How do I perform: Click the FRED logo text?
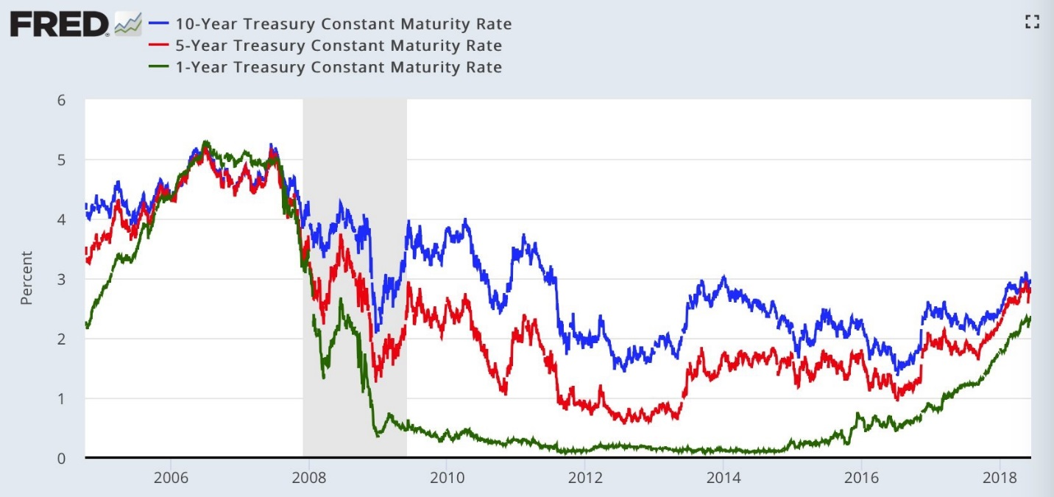[x=59, y=25]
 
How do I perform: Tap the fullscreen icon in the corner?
[x=1031, y=22]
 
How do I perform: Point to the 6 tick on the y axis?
[x=61, y=100]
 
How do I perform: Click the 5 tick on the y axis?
[x=61, y=160]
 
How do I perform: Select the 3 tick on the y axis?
[x=61, y=280]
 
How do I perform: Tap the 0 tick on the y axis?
[x=61, y=458]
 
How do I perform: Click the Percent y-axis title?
[x=26, y=278]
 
